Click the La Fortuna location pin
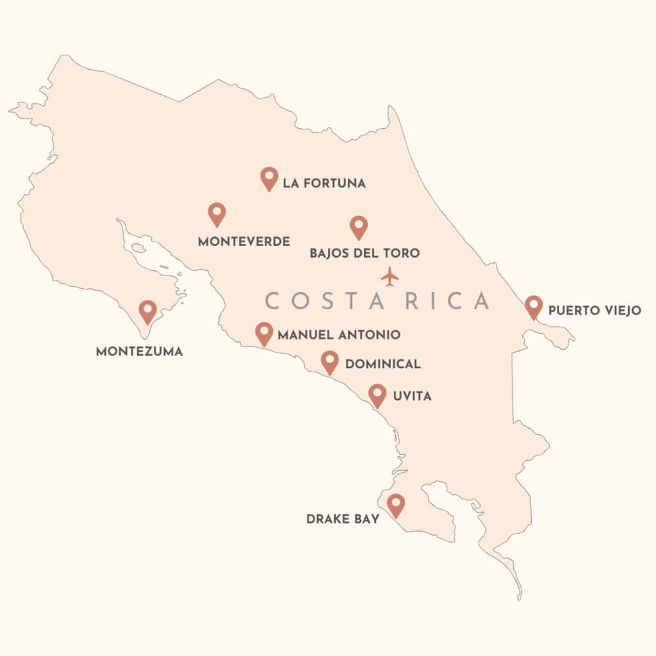tap(269, 178)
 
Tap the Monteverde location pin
tap(217, 214)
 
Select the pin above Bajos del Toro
tap(359, 227)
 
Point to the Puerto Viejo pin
tap(533, 307)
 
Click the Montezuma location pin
tap(148, 311)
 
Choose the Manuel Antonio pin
tap(264, 333)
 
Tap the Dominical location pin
tap(330, 362)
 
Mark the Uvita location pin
tap(377, 395)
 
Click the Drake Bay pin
tap(396, 505)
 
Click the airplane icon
tap(389, 277)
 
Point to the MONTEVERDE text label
tap(244, 242)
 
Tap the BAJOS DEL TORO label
tap(365, 253)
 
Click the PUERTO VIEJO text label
tap(594, 311)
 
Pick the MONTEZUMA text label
tap(139, 352)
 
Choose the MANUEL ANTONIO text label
tap(339, 334)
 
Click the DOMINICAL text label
tap(383, 365)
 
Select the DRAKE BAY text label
tap(343, 519)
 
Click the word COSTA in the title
tap(312, 301)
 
